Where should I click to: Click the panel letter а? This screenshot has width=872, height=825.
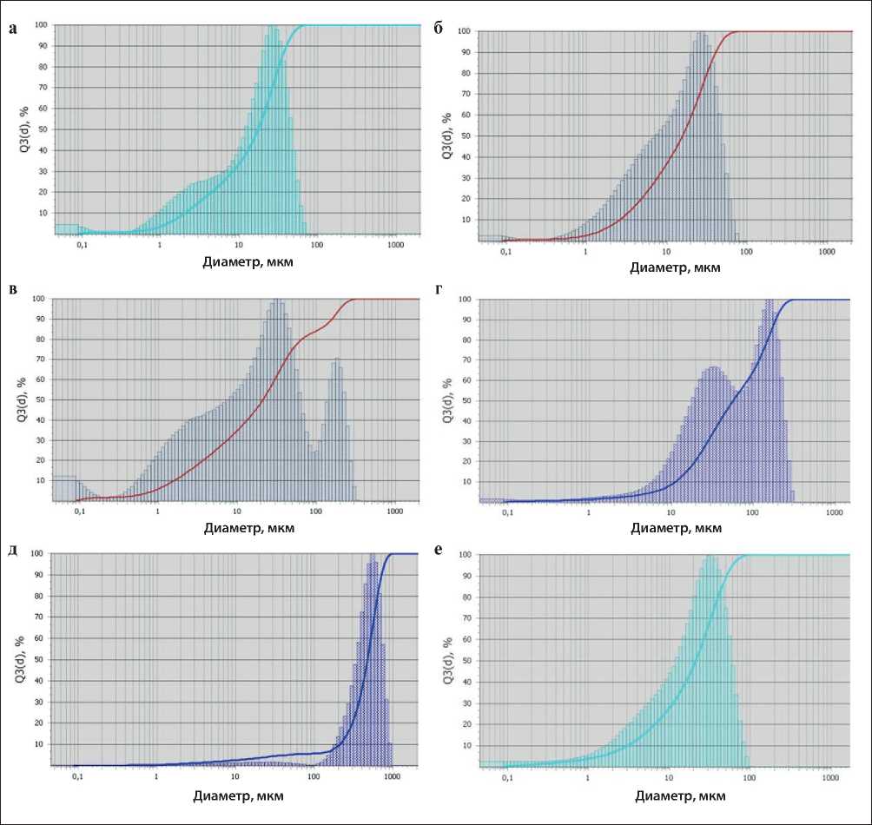12,29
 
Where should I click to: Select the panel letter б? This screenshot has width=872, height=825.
439,29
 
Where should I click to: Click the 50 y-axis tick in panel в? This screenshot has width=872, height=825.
38,399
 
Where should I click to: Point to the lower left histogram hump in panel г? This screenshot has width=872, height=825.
715,370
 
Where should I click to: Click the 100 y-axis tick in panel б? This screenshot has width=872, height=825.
464,32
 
